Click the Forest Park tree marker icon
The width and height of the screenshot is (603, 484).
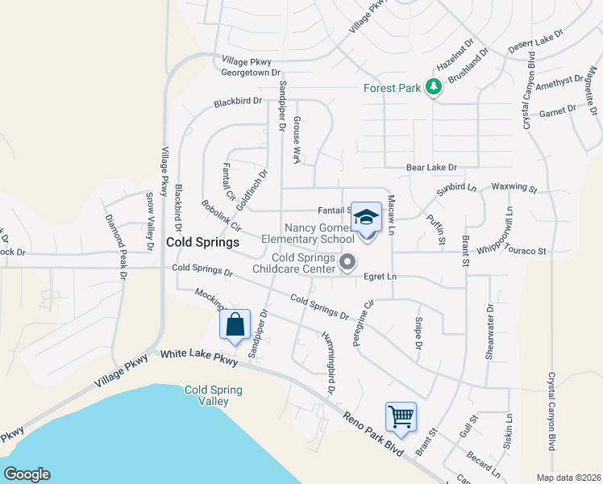(x=434, y=87)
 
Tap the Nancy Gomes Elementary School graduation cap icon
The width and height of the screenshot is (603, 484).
(x=366, y=217)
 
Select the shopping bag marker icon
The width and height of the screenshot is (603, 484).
(x=235, y=325)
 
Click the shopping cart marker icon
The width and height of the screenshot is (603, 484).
(x=401, y=417)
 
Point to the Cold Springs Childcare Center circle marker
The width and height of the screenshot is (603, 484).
(x=348, y=261)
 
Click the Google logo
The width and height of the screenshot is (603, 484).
(x=27, y=474)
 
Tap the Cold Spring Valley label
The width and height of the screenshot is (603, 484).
(x=213, y=395)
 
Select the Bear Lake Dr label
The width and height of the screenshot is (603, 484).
(x=431, y=168)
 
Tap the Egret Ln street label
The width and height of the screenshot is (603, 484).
(x=381, y=277)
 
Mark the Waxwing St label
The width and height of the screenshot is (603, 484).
(x=514, y=188)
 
